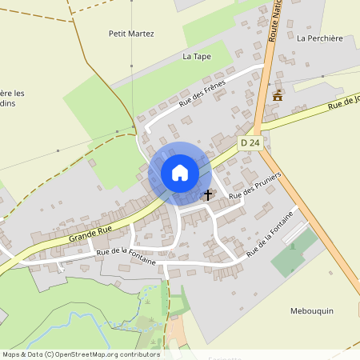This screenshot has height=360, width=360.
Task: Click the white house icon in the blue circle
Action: (180, 173)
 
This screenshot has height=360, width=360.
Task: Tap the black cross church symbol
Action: (208, 194)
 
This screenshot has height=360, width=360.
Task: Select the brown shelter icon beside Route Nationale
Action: (278, 94)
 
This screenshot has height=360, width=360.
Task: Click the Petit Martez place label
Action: (131, 34)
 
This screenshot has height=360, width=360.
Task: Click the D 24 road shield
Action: (250, 142)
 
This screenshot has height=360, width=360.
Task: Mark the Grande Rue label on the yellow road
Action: (90, 234)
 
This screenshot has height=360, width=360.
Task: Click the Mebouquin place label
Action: (311, 310)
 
